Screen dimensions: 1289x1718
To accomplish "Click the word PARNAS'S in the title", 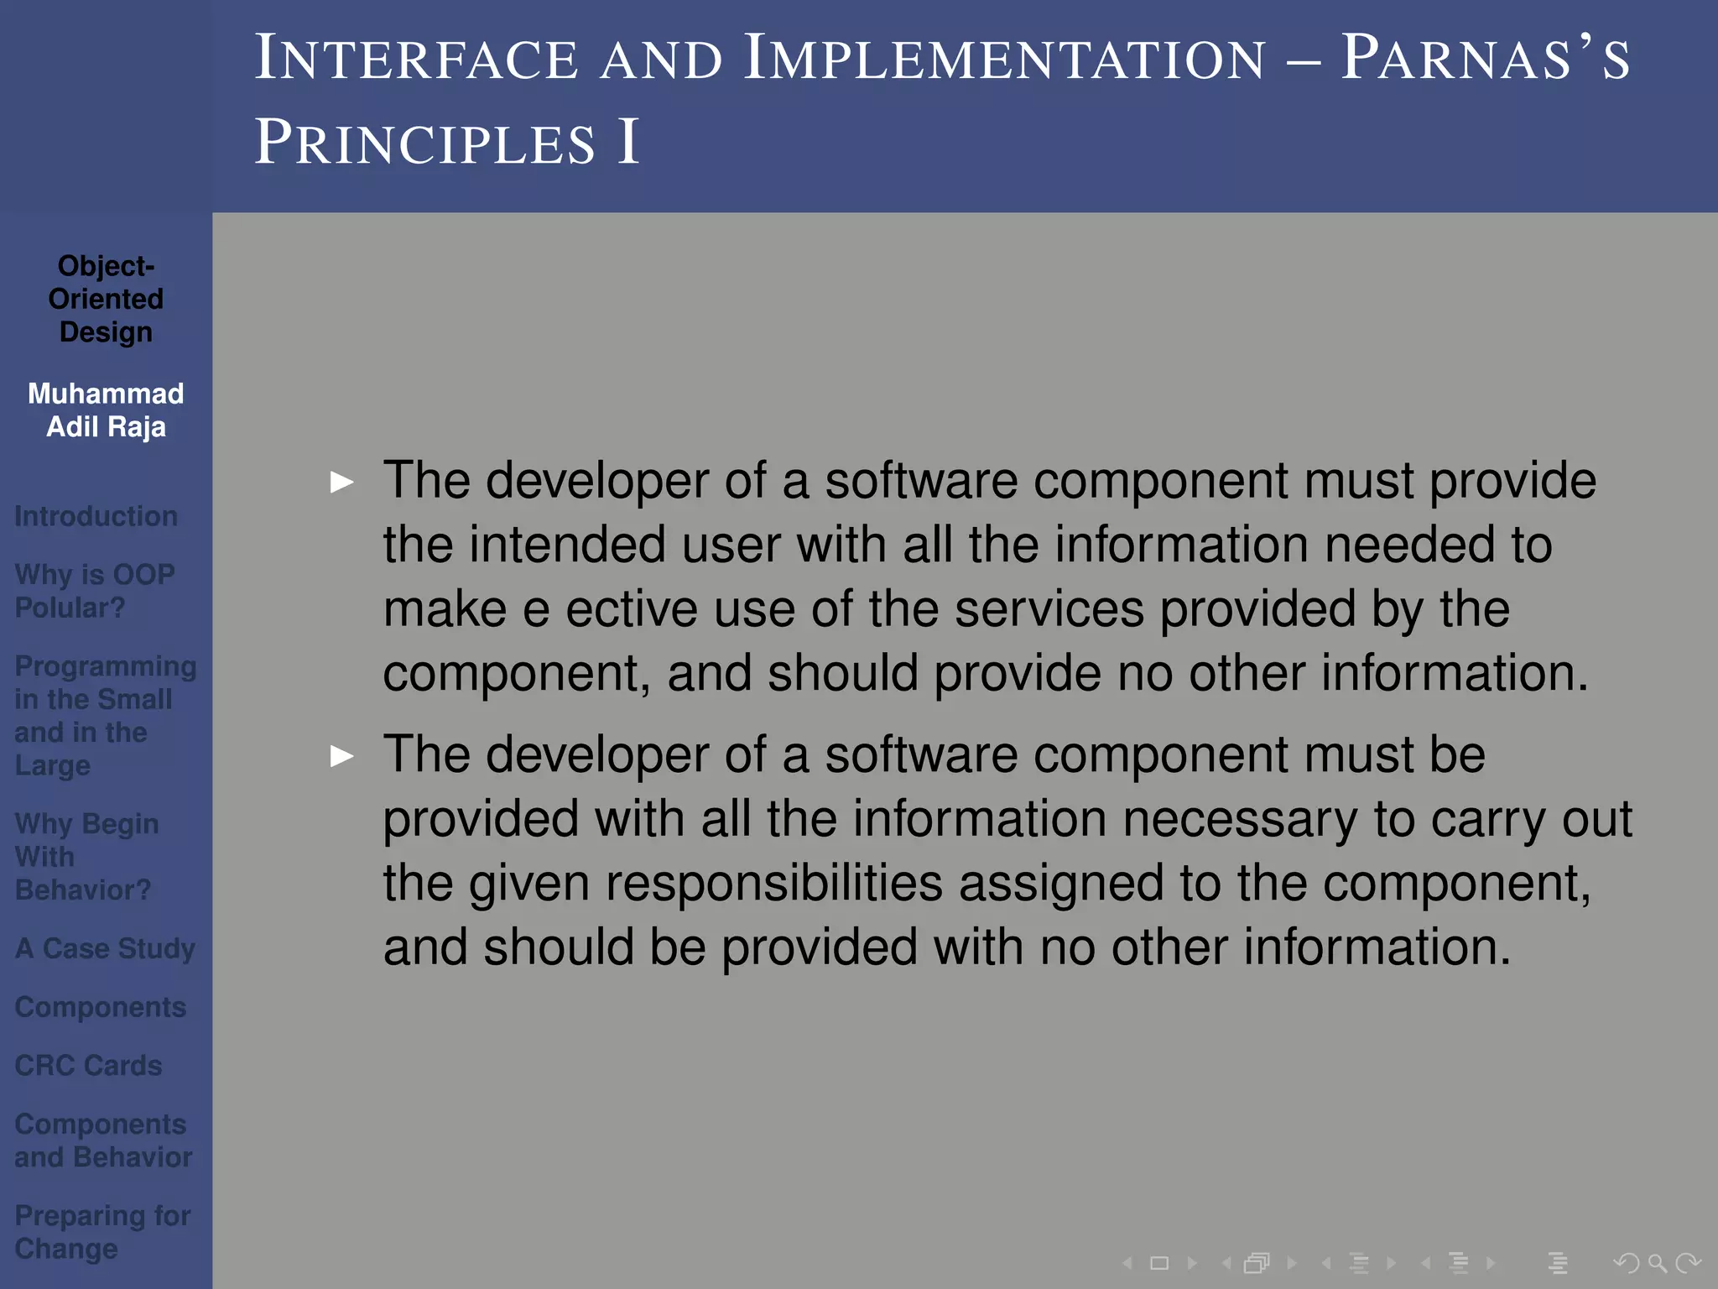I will pos(1485,59).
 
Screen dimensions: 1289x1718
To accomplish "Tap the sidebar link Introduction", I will pos(96,516).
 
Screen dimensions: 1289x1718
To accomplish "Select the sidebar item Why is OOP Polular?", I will pos(94,591).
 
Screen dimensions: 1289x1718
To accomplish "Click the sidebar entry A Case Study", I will pos(105,948).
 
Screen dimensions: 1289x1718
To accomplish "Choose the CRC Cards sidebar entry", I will pos(88,1065).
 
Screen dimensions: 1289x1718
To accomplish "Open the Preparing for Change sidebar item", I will pos(102,1232).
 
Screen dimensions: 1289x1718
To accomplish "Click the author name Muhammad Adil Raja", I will pos(106,410).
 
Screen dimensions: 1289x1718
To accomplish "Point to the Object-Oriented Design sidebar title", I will pos(106,299).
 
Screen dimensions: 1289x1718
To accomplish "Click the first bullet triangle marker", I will pos(342,483).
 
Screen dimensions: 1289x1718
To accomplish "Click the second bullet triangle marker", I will pos(342,756).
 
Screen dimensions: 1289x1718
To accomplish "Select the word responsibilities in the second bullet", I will pos(705,884).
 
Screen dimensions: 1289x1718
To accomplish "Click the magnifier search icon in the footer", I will pos(1657,1263).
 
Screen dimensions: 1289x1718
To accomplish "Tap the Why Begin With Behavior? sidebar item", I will pos(86,857).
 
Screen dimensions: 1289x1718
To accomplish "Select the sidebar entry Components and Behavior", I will pos(102,1140).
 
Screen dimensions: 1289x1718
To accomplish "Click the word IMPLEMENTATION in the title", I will pos(1004,59).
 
